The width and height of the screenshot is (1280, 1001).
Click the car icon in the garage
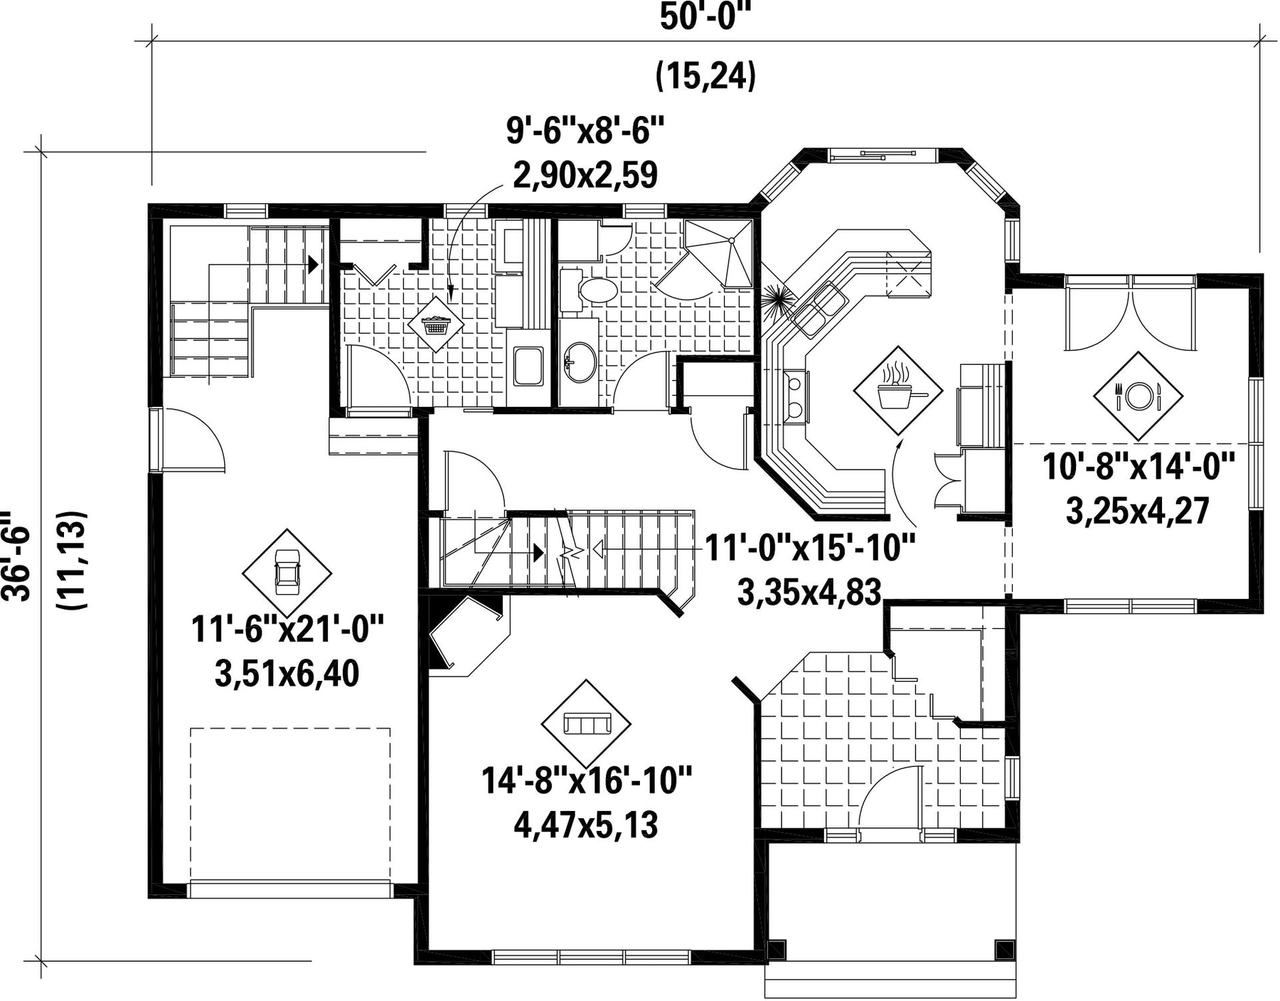click(x=287, y=573)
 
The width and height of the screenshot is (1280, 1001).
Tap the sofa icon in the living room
click(x=586, y=724)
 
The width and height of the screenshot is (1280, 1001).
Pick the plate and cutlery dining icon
click(x=1138, y=396)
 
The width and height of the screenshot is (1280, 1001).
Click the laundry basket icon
click(x=436, y=325)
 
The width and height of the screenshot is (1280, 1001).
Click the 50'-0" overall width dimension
click(x=705, y=17)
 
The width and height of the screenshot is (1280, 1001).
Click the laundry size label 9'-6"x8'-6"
click(x=585, y=132)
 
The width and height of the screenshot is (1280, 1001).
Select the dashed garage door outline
click(x=290, y=805)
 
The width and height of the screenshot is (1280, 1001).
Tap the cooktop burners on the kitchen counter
click(x=795, y=395)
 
